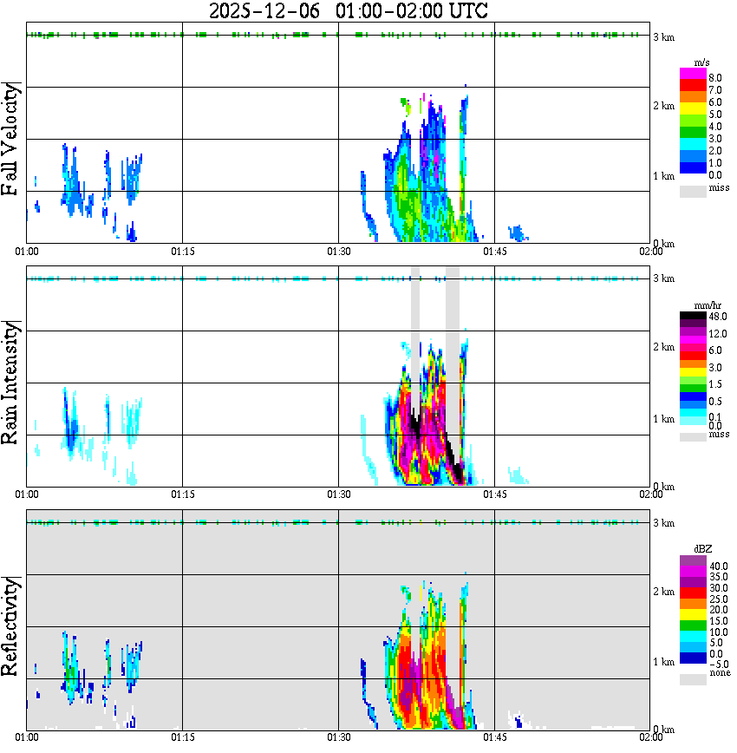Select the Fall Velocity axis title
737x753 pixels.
click(x=11, y=139)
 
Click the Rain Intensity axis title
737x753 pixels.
click(x=11, y=382)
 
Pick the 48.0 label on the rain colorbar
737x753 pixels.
click(x=717, y=318)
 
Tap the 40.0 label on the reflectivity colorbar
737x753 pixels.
click(x=717, y=566)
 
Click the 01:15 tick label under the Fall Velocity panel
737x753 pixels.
click(x=182, y=252)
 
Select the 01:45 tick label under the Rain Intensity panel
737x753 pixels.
click(x=494, y=494)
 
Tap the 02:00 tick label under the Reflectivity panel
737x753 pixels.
click(x=651, y=737)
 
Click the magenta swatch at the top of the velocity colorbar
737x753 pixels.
click(x=692, y=74)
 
